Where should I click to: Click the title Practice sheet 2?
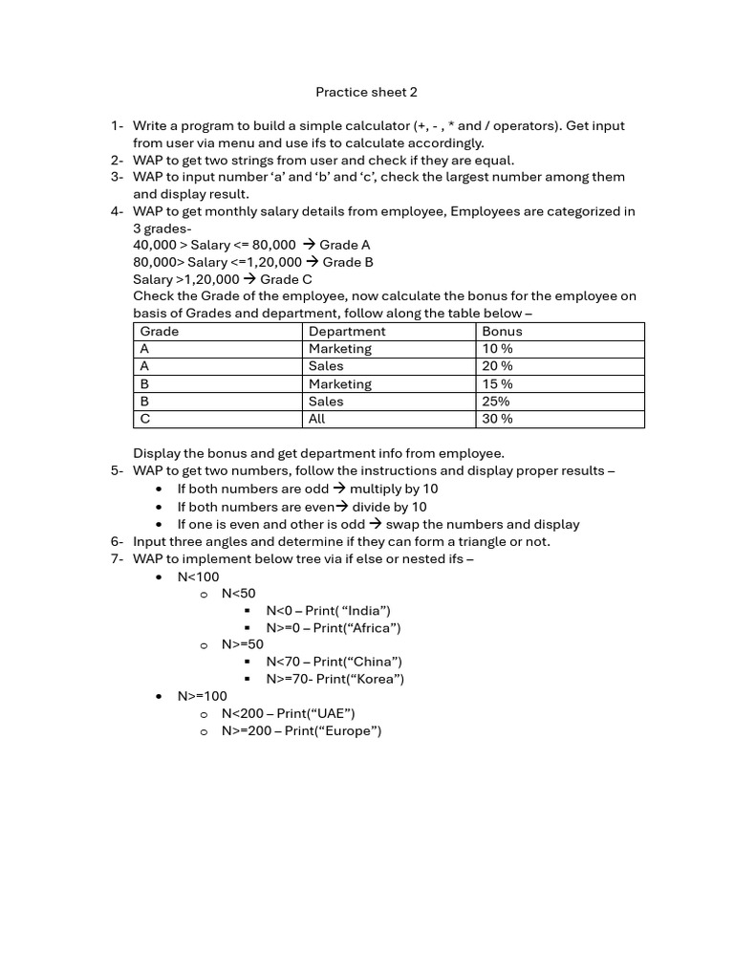click(366, 93)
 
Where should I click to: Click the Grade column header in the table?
click(160, 332)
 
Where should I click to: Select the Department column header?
click(347, 332)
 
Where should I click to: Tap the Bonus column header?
click(502, 332)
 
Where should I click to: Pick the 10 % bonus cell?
click(497, 349)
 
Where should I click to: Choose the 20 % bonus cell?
click(497, 366)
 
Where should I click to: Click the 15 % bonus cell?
click(497, 384)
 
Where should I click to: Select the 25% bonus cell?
click(496, 402)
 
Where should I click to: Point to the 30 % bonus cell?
click(497, 419)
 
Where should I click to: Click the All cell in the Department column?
click(317, 419)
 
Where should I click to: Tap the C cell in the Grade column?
click(145, 419)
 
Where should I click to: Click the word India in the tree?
click(364, 611)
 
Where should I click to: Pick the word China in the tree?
click(370, 662)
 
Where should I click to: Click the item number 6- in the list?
click(117, 541)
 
